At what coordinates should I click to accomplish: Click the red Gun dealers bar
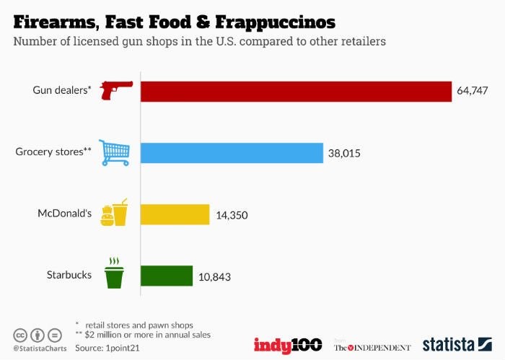coord(296,91)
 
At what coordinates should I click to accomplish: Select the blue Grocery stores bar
coord(231,153)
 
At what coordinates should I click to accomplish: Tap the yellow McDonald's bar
coord(175,214)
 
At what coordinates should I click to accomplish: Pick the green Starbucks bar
coord(166,276)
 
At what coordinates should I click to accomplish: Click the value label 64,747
coord(473,91)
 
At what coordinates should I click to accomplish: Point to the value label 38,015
coord(344,153)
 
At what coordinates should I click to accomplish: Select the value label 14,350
coord(232,215)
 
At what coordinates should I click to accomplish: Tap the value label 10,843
coord(214,277)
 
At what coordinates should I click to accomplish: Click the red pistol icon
coord(116,91)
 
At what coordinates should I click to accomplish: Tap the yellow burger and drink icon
coord(114,214)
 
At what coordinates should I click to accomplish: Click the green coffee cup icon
coord(114,273)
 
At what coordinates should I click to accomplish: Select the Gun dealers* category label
coord(62,91)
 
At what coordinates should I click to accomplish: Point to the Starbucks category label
coord(69,276)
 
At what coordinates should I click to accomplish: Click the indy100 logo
coord(287,344)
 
